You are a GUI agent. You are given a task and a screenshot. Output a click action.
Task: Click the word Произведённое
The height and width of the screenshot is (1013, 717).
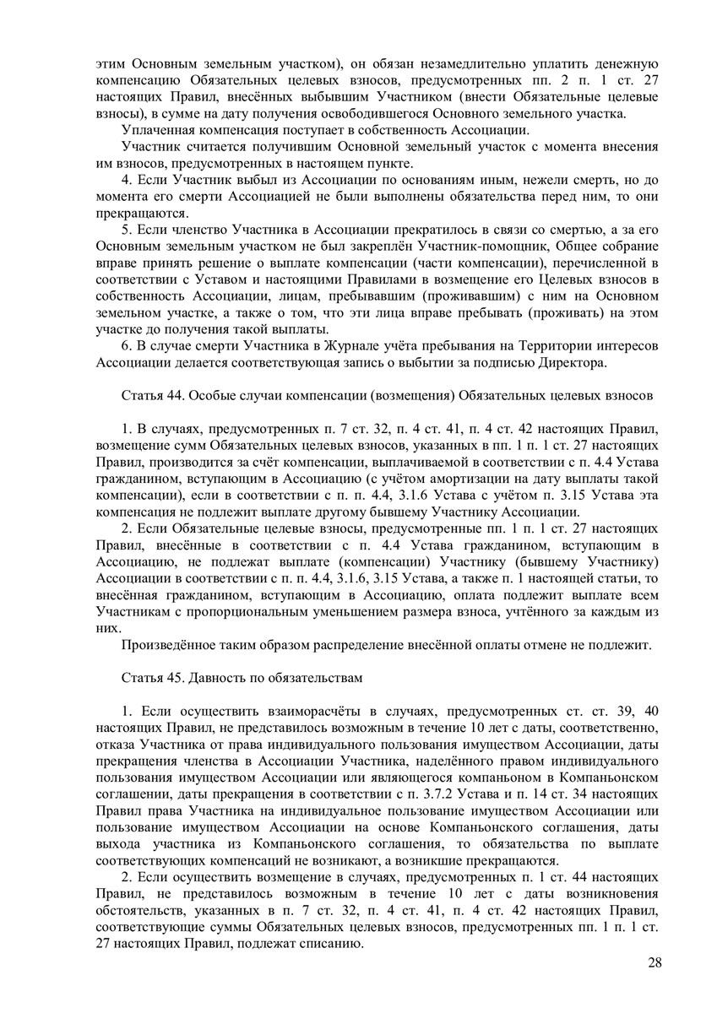coord(168,646)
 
